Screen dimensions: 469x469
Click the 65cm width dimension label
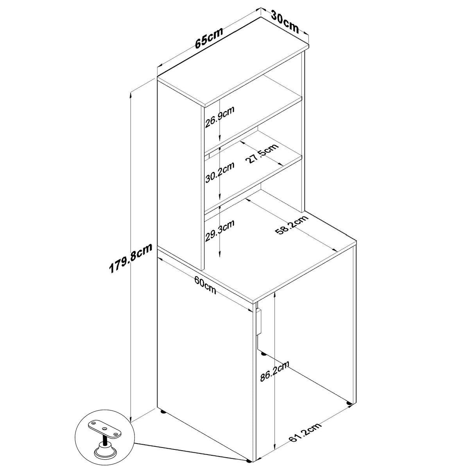coord(209,38)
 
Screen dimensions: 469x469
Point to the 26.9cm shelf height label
coord(220,117)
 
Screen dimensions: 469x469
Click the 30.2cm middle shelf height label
coord(220,172)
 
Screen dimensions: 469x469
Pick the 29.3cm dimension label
coord(220,230)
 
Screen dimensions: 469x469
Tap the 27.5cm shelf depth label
coord(262,154)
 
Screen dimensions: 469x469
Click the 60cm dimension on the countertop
coord(205,285)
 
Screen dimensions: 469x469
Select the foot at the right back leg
coord(349,403)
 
